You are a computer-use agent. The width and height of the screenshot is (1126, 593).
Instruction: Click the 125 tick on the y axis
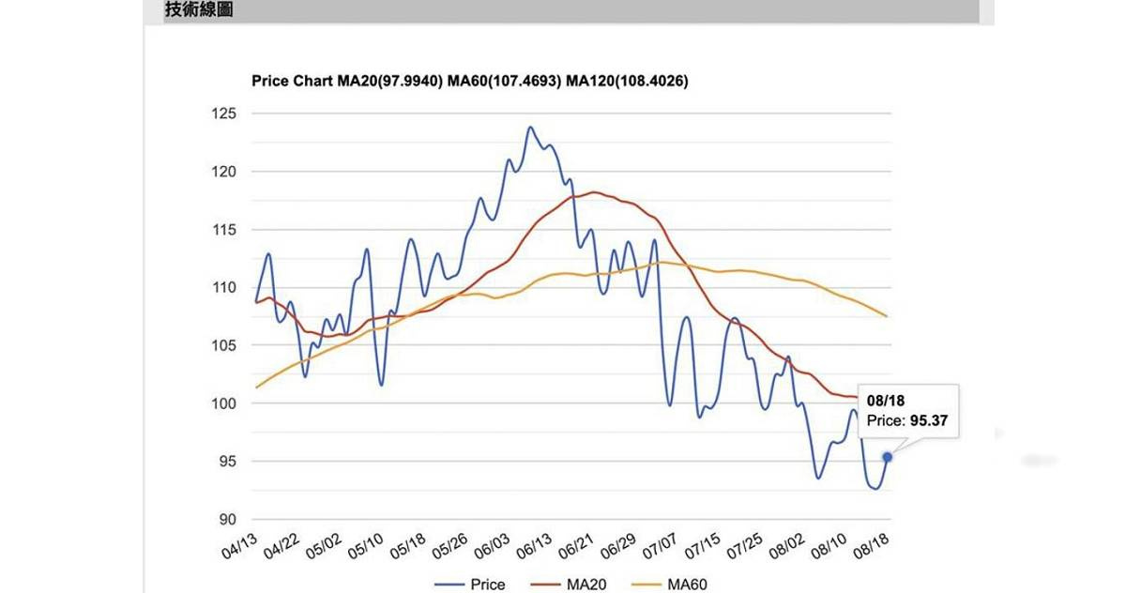224,114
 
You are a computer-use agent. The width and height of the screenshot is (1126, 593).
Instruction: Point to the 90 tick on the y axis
228,519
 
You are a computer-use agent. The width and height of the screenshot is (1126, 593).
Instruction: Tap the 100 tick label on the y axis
224,403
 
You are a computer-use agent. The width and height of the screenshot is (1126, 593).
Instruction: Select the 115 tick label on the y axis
224,230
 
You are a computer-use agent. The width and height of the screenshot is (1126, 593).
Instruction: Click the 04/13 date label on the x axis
240,545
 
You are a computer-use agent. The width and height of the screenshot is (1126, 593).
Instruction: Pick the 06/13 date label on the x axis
533,545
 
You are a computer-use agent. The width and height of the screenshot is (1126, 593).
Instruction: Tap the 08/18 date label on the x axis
869,545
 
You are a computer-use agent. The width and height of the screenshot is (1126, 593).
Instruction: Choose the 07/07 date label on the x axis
660,545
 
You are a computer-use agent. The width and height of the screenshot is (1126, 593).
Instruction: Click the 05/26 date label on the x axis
450,545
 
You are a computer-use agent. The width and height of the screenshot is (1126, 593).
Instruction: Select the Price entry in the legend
486,585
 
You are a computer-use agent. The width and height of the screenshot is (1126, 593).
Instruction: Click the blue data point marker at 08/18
887,457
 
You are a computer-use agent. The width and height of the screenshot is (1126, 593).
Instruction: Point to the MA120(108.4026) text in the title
628,82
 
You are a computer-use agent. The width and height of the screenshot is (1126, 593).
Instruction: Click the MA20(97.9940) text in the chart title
389,82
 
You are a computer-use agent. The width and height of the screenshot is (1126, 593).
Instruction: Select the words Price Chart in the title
292,82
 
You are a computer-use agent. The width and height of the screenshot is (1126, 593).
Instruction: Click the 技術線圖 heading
199,10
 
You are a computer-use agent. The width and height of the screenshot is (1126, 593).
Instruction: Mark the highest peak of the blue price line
530,127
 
